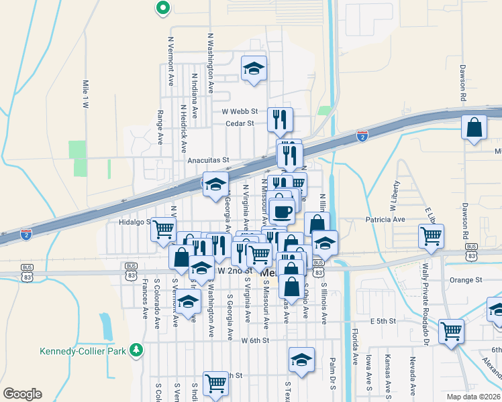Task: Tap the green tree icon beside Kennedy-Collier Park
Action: tap(136, 350)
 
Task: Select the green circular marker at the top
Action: tap(162, 8)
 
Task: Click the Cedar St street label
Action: tap(240, 123)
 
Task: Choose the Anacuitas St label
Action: tap(209, 160)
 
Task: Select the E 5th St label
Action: tap(382, 321)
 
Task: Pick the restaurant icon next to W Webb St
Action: tap(280, 119)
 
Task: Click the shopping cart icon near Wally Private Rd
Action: tap(431, 235)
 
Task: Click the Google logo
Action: tap(22, 394)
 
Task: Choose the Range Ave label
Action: tap(160, 127)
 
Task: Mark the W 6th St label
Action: tap(255, 340)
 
